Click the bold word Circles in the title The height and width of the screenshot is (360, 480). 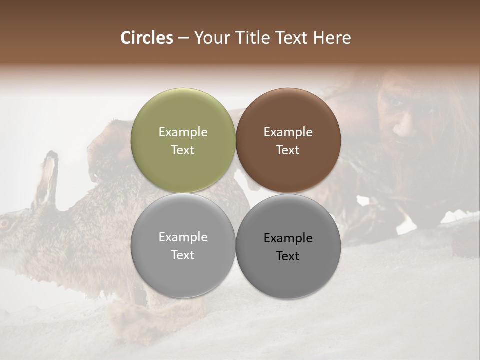click(147, 38)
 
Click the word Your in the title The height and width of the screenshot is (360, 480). click(212, 38)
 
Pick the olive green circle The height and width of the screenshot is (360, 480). click(183, 140)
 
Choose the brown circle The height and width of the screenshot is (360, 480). click(288, 140)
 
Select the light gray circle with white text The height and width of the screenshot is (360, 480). click(183, 245)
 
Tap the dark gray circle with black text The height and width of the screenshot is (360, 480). click(288, 246)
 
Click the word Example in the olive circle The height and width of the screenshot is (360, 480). click(183, 132)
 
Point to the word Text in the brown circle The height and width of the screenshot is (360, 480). click(288, 150)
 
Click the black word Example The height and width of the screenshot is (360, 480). click(288, 238)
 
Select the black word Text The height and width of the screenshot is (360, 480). click(288, 256)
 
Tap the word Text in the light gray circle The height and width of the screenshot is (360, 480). click(183, 255)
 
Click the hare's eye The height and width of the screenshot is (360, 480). click(5, 223)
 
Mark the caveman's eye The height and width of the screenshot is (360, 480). click(396, 103)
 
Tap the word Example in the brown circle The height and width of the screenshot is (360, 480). click(288, 132)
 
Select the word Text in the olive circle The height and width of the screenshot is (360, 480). click(183, 150)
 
